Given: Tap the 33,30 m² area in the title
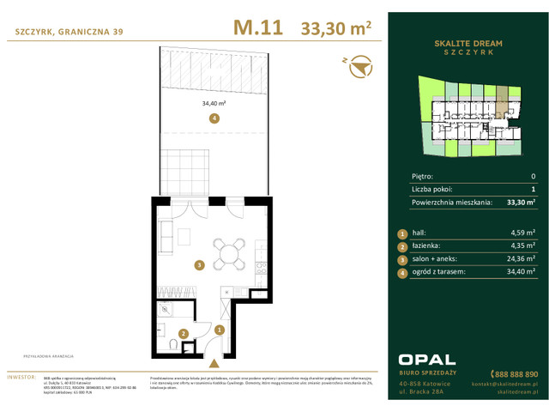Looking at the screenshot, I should coord(335,29).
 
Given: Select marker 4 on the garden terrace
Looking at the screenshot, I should coord(214,118).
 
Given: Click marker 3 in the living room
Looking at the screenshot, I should coord(198,266).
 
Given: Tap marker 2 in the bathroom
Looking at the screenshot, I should coord(183,334).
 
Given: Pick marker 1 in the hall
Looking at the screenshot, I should coord(220,330).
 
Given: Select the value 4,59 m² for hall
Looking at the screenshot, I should coord(522,233).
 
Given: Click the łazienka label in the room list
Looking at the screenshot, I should coord(427,245).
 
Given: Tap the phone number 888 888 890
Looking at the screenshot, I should coord(515,374).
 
